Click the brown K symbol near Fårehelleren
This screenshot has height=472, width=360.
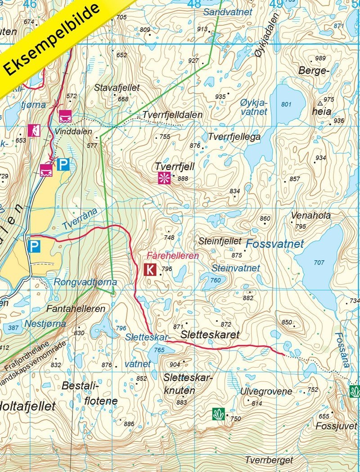tap(150, 270)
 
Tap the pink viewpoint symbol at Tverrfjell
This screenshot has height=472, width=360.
tap(163, 178)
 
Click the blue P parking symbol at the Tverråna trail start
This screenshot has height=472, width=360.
tap(33, 246)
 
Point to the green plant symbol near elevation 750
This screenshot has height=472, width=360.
tap(218, 414)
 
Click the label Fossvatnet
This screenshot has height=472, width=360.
tap(275, 245)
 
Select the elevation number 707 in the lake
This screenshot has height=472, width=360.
tap(319, 262)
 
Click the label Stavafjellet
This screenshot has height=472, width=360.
tap(117, 88)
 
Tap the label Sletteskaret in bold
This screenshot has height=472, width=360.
tap(210, 335)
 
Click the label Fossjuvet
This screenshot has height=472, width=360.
tap(336, 425)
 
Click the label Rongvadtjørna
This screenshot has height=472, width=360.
tap(85, 282)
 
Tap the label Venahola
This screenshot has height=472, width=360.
tap(310, 216)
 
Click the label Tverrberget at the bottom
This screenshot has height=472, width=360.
tap(269, 460)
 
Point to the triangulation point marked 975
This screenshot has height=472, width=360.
tap(320, 100)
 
